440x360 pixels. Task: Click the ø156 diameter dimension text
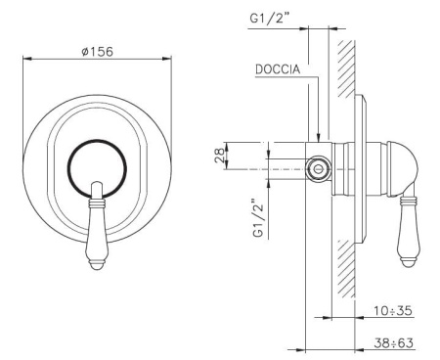[97, 51]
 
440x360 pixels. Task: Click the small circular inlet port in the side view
[317, 169]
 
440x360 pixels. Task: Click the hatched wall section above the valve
[344, 68]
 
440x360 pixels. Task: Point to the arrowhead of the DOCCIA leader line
[317, 138]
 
